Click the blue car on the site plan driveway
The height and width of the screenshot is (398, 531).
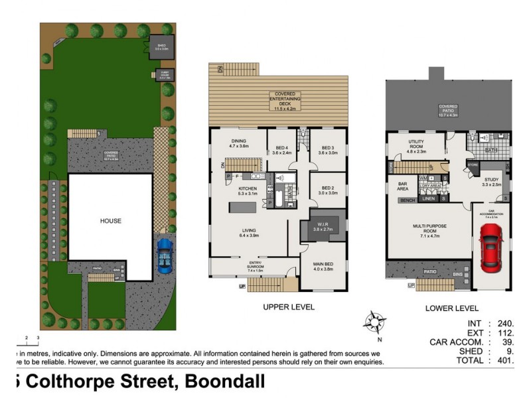pos(163,255)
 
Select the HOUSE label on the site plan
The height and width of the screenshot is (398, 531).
pos(111,220)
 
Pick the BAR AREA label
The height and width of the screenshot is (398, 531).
pos(402,186)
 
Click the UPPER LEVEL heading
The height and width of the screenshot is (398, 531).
pos(289,307)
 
